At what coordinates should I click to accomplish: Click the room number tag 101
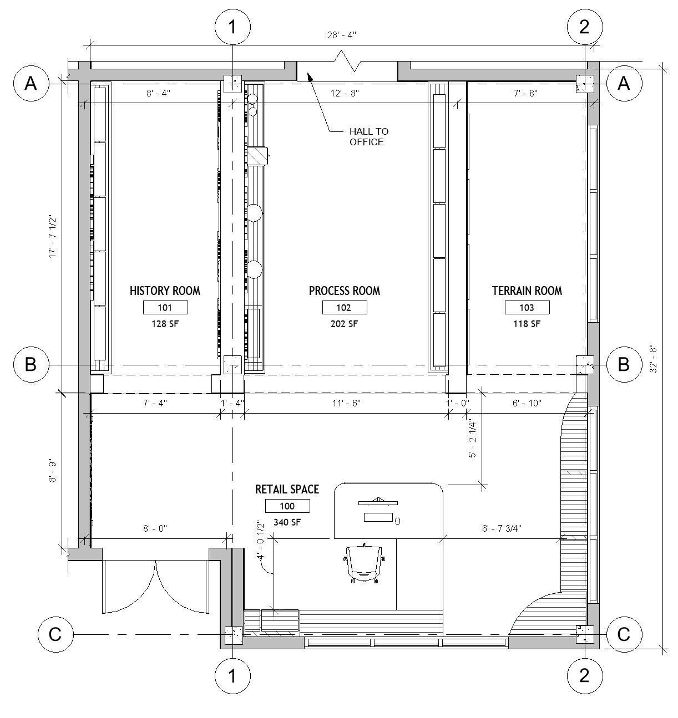165,308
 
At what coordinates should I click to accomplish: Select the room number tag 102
345,308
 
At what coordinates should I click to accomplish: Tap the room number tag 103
527,308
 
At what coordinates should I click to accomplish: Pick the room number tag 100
287,506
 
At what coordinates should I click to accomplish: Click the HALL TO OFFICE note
368,136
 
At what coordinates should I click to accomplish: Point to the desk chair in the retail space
363,563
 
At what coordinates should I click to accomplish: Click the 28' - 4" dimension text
342,35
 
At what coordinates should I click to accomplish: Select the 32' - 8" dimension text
653,360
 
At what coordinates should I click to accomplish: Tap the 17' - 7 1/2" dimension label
53,237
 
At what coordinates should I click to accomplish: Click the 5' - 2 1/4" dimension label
473,439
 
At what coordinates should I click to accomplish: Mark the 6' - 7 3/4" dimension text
502,528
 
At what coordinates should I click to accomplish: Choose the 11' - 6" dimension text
346,403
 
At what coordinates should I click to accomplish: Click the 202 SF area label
344,324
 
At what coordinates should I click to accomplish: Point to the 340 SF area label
287,522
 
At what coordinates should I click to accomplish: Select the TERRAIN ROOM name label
527,291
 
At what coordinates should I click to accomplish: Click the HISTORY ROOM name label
165,291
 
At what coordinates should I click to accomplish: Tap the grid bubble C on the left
55,634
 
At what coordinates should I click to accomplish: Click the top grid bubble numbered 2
585,27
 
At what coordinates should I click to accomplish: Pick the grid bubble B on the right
624,364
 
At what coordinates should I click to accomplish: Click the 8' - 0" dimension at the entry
155,528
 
